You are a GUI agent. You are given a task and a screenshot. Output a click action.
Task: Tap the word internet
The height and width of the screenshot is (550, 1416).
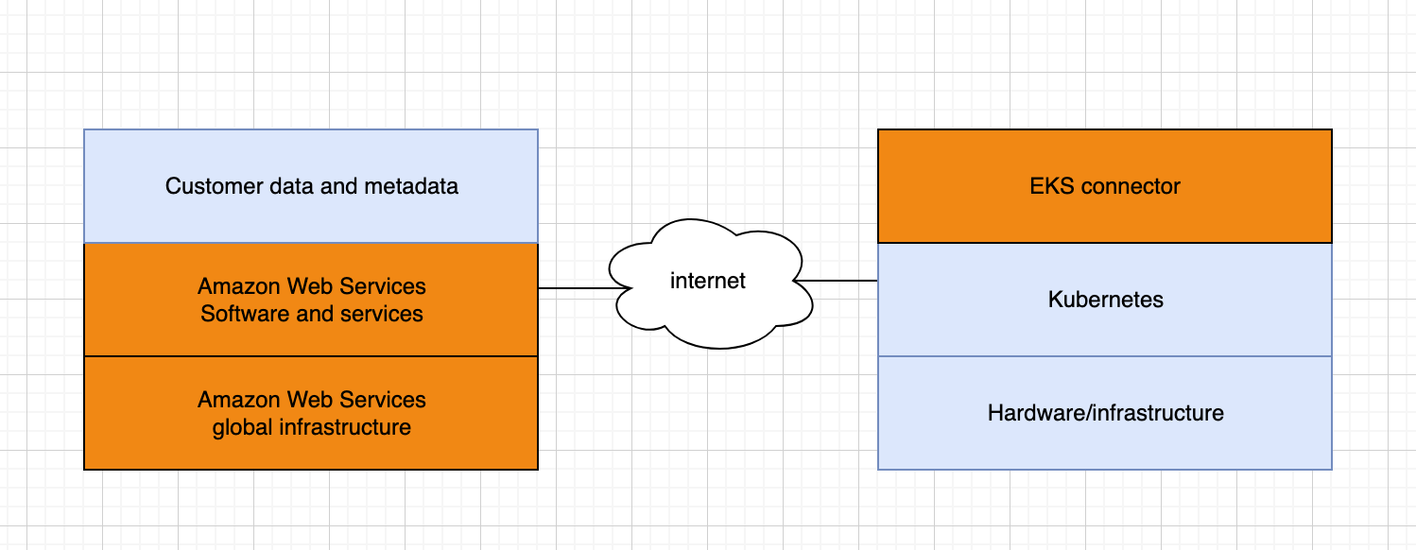(x=708, y=281)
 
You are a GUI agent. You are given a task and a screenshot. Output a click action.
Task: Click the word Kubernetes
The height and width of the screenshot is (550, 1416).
(x=1105, y=301)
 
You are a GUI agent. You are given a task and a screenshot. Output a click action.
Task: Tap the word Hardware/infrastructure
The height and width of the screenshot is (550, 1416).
(x=1105, y=413)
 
